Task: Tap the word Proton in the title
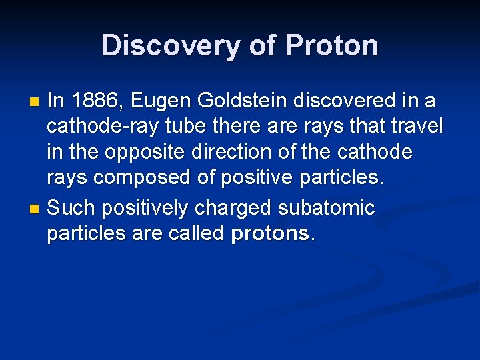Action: click(x=332, y=45)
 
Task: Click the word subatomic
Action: click(x=327, y=208)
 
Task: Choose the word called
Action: click(x=195, y=234)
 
